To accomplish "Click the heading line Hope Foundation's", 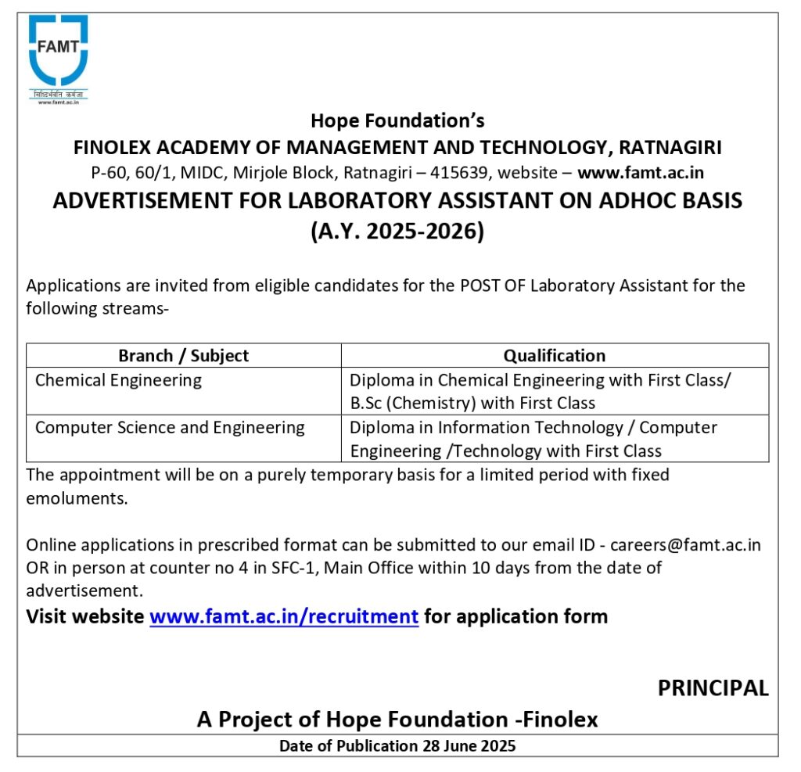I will point(397,120).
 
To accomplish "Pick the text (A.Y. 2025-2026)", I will point(397,232).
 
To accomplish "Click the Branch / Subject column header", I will point(183,356).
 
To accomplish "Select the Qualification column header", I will point(554,356).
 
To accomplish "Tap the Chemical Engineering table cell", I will point(118,380).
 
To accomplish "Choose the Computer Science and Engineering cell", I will point(170,428).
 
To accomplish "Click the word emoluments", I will point(76,498).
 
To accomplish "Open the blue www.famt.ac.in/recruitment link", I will point(284,616).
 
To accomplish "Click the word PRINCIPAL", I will point(713,688).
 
